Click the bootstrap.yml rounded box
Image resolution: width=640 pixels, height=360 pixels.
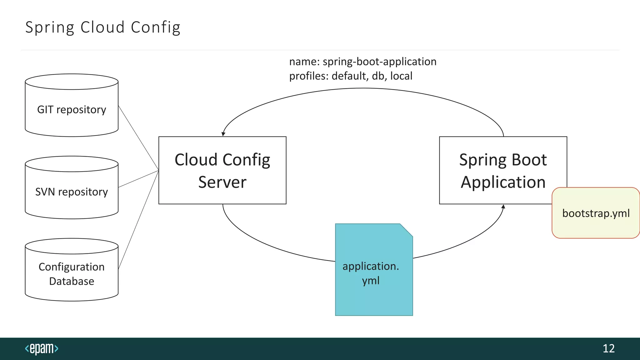coord(596,213)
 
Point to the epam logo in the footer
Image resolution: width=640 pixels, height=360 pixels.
coord(42,348)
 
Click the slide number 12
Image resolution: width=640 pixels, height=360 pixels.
coord(608,348)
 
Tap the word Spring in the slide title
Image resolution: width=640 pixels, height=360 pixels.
coord(50,27)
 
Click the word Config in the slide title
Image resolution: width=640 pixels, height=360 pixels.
coord(155,27)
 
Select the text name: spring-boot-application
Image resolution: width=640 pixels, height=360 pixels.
coord(362,62)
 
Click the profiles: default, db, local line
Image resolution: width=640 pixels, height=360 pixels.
coord(351,76)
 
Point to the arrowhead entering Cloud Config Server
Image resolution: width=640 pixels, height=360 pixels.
coord(223,134)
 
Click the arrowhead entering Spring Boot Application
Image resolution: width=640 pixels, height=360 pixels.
coord(503,207)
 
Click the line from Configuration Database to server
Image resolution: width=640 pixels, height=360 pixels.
coord(138,220)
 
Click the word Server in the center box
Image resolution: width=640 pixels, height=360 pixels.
coord(222,182)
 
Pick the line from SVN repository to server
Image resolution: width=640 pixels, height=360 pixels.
coord(138,179)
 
